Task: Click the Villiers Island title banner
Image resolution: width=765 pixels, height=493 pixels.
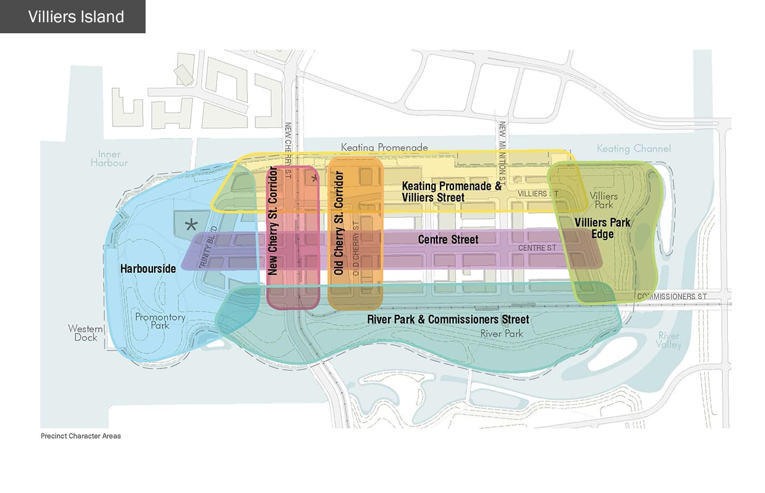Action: [x=73, y=17]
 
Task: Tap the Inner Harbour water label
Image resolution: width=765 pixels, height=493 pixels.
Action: [x=109, y=158]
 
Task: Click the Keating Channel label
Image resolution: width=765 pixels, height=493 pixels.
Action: [x=634, y=149]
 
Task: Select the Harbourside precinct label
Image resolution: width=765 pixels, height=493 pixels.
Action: [x=149, y=268]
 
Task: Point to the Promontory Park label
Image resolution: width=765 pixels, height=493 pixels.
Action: [x=160, y=321]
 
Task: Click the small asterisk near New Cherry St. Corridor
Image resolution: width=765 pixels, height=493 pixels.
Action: [x=314, y=179]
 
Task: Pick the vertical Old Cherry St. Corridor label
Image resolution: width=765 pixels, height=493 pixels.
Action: [x=339, y=223]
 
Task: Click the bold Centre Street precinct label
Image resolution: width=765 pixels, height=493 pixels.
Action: [x=448, y=239]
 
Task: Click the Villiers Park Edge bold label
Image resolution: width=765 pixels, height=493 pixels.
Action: [x=602, y=227]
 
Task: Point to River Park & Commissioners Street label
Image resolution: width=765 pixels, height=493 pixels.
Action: [x=448, y=319]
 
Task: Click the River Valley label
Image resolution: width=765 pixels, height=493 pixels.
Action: [x=669, y=340]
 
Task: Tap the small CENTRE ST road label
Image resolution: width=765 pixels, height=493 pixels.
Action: [x=537, y=248]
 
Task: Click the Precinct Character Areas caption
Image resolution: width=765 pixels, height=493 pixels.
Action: [x=81, y=436]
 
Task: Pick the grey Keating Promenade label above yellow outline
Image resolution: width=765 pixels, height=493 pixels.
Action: [x=384, y=148]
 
